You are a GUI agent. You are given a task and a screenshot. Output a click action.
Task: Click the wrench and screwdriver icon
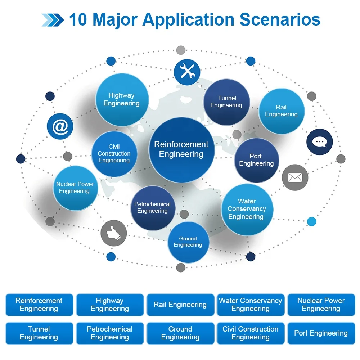coord(187,72)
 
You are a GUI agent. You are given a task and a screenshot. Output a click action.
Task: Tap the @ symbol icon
coord(60,126)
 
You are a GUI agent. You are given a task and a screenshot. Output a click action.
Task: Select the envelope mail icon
coord(295,177)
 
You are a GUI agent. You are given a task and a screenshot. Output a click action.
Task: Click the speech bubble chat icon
coord(319,142)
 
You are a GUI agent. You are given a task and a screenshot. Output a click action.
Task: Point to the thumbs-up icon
coord(113,233)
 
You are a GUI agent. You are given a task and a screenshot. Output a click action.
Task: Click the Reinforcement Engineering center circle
coord(181,149)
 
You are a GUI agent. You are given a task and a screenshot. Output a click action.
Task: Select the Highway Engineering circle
coord(122,100)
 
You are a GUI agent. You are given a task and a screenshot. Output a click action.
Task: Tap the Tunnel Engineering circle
coord(227,102)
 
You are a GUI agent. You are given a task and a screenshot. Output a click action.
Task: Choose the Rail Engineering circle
coord(282,111)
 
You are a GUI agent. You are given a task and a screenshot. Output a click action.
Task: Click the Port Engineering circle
coord(256,160)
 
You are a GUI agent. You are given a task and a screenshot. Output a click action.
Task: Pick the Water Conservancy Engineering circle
coord(247,210)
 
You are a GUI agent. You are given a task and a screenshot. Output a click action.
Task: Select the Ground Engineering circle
coord(188,242)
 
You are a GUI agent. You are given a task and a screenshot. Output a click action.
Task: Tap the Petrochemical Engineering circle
coord(153,208)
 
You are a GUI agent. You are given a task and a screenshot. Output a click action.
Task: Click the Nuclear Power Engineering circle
coord(75,188)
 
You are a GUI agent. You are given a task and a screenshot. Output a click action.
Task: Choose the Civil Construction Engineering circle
coord(114,154)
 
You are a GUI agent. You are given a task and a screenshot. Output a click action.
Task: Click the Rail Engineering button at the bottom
coord(180,305)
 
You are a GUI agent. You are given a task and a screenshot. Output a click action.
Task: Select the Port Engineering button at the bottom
coord(321,333)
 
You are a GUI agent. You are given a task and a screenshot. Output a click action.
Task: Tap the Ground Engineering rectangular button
coord(180,333)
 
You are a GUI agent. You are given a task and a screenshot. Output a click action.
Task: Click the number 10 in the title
coord(78,19)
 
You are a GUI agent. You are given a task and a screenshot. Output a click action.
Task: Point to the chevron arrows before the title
coord(53,20)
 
